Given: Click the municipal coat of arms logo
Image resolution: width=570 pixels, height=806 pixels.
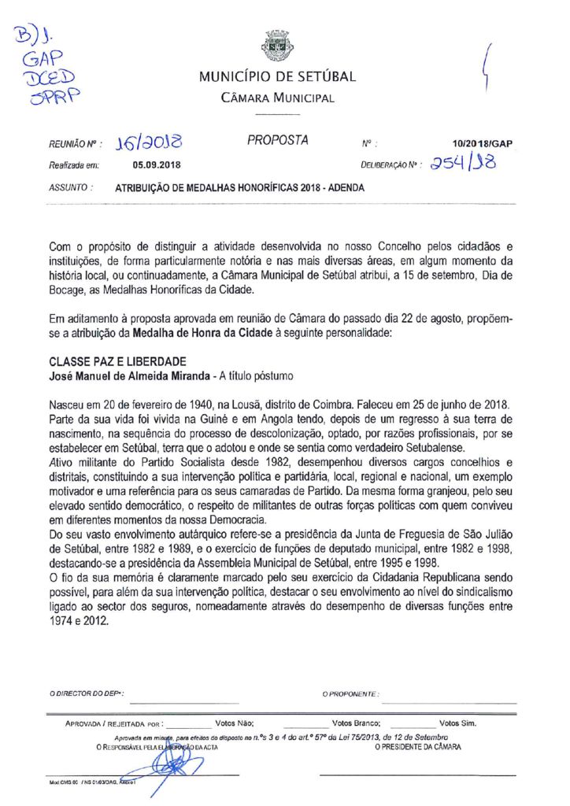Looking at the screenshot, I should pyautogui.click(x=277, y=46).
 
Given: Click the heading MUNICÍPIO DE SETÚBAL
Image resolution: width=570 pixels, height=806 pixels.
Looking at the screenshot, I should pyautogui.click(x=277, y=77).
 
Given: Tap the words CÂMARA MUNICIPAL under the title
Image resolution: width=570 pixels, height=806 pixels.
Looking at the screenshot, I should pyautogui.click(x=277, y=98).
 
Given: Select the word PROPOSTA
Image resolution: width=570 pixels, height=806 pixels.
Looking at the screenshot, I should pyautogui.click(x=278, y=140).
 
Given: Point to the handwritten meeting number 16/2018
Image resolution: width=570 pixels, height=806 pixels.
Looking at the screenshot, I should pyautogui.click(x=148, y=143).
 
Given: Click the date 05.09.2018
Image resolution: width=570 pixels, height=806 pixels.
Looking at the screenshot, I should pyautogui.click(x=157, y=165).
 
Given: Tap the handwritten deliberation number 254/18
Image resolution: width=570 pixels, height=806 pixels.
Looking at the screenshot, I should pyautogui.click(x=466, y=163).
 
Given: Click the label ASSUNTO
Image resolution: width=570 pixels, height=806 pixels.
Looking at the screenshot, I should pyautogui.click(x=69, y=188).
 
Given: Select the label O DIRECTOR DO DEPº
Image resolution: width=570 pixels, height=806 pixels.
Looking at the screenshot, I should pyautogui.click(x=85, y=694).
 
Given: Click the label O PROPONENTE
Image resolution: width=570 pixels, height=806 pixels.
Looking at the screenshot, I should pyautogui.click(x=350, y=694).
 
